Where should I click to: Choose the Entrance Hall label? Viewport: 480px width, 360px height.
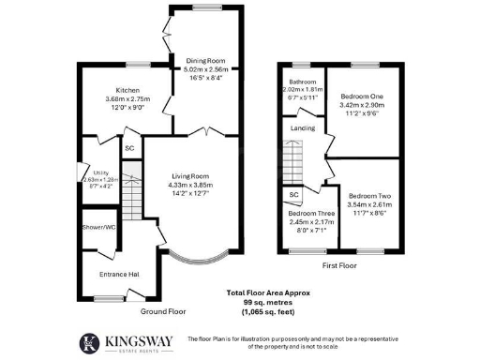pos(119,274)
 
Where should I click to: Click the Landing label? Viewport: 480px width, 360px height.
pos(303,127)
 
